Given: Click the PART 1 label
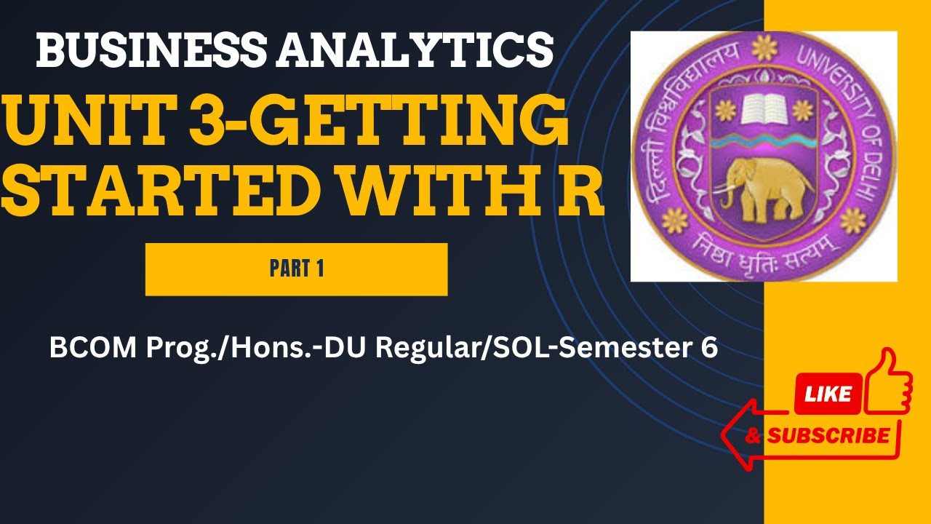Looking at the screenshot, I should (296, 269).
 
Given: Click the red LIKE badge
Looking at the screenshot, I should (828, 394).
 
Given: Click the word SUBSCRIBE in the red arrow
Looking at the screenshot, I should (828, 436).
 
